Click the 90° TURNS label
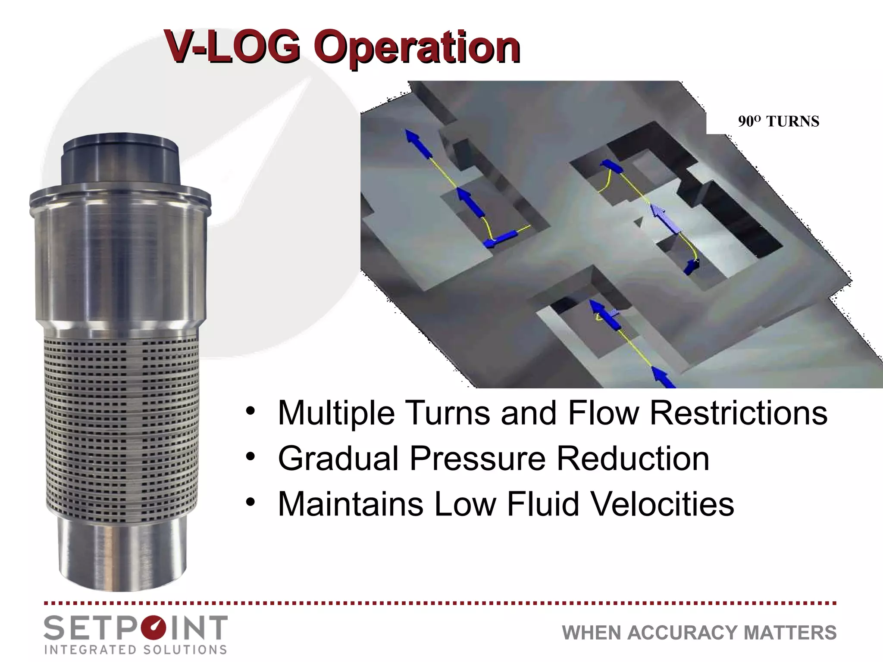(x=778, y=122)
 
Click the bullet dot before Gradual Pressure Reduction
(x=250, y=456)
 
